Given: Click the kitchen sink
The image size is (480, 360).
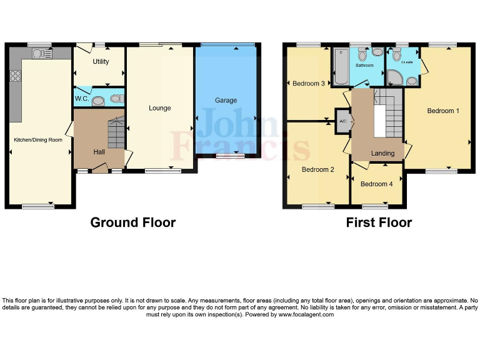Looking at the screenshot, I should tap(42, 54).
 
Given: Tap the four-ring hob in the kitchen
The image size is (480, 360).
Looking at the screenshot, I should tap(16, 76).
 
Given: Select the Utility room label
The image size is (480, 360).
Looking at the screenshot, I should tap(101, 61).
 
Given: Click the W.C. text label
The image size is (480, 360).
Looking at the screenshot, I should tap(82, 99).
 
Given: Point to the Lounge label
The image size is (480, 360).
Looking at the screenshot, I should tap(159, 108).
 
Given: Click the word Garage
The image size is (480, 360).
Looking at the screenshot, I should tap(226, 100).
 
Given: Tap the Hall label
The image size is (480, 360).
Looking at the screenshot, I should tap(99, 152).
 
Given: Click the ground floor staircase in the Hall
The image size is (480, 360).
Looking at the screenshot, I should tap(116, 132).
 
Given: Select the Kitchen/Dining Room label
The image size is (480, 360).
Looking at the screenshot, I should tap(38, 140).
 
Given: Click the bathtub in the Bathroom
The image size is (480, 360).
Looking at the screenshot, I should tap(341, 66).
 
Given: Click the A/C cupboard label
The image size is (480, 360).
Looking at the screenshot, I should tap(342, 121).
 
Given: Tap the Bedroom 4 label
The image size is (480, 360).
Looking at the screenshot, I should tap(377, 184).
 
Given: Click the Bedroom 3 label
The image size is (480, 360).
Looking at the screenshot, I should tap(309, 83).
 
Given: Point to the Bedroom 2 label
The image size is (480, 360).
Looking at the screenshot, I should tap(318, 169).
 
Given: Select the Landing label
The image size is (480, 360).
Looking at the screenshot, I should tap(382, 153).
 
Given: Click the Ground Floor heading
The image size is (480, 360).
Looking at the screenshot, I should tap(132, 222).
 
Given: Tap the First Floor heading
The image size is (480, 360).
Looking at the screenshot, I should tap(379, 222).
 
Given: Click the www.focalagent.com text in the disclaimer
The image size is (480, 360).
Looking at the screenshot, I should tap(306, 314).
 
